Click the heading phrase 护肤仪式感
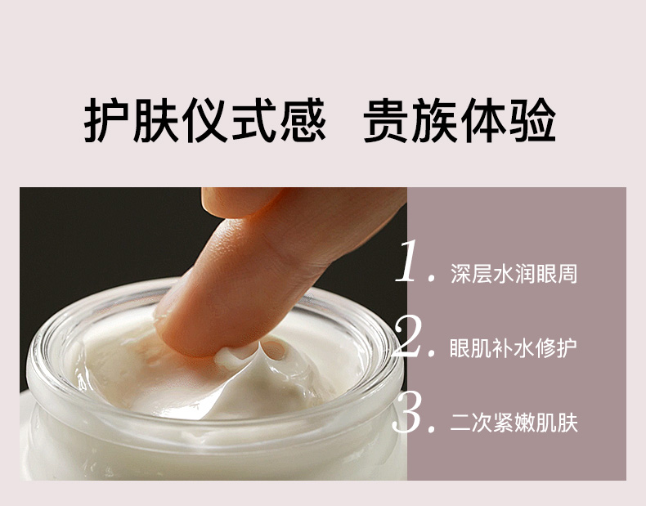pos(204,120)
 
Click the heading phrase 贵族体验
pos(460,120)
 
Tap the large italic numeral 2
pos(408,336)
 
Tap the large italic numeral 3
pos(408,412)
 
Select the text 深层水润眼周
pos(514,274)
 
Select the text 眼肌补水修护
pos(514,348)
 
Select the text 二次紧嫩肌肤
pos(514,423)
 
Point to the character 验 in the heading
pos(532,120)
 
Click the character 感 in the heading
pos(303,120)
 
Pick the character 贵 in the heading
pos(386,120)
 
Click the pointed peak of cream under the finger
pos(259,345)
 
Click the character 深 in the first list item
pos(460,274)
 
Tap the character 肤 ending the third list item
pos(567,423)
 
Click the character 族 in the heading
pos(435,120)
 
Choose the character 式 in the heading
pos(253,120)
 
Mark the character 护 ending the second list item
pos(567,348)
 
